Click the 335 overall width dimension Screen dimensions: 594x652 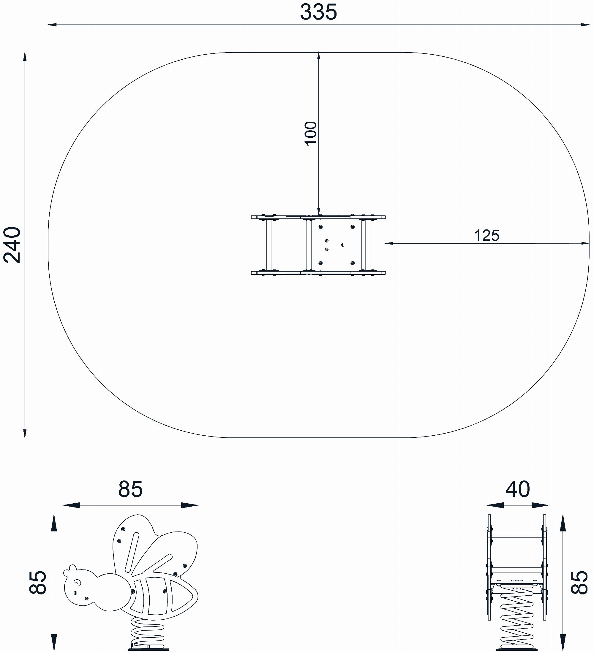(x=318, y=12)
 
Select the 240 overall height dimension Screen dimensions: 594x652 (x=12, y=245)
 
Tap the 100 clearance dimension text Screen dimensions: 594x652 (x=311, y=134)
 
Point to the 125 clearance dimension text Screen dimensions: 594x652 (x=486, y=235)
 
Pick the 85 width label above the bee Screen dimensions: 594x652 (x=130, y=489)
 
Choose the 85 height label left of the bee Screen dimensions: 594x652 (x=38, y=583)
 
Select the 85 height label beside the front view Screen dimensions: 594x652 (x=579, y=583)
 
